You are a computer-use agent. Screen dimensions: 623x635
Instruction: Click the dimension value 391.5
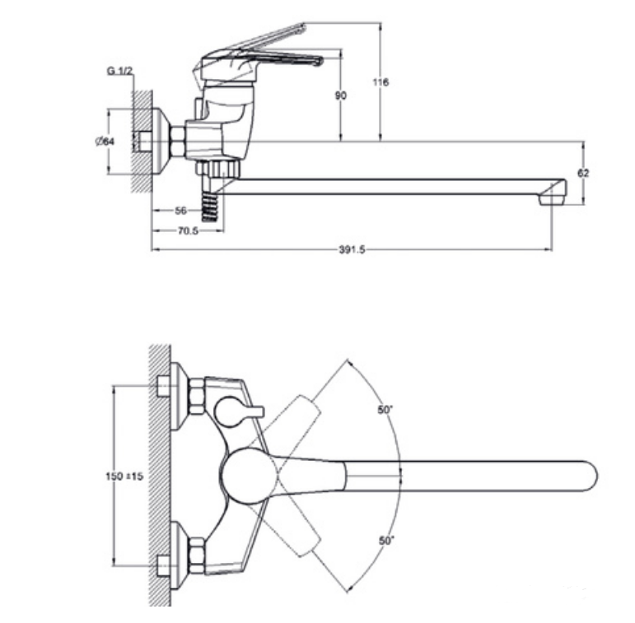pos(351,249)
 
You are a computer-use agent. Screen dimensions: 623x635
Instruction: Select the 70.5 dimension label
pos(188,230)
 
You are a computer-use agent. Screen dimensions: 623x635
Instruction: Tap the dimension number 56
pos(182,211)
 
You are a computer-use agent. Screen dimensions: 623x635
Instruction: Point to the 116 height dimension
pos(381,82)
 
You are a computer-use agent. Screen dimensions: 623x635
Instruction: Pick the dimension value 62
pos(584,173)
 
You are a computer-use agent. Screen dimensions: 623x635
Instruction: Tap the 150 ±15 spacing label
pos(125,477)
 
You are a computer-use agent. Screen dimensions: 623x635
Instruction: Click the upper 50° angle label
pos(385,409)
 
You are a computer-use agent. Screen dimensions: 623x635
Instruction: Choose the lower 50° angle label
pos(386,541)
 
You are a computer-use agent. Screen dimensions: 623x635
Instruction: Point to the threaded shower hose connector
pos(212,202)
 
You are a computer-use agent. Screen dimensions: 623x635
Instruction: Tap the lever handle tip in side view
pos(318,60)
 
